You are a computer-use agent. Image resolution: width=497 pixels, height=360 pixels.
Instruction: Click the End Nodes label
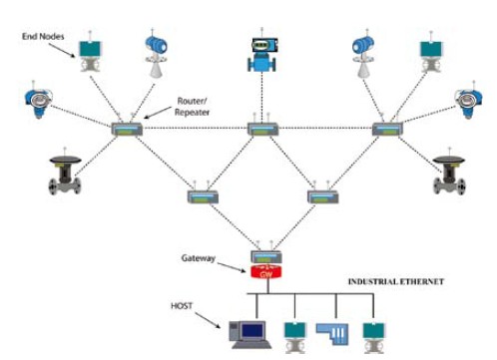(x=43, y=36)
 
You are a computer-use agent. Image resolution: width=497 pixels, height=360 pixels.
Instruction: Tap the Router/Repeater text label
(x=192, y=107)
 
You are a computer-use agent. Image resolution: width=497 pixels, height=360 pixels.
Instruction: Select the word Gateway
(x=199, y=258)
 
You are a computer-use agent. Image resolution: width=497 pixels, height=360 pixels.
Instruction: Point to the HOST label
(x=182, y=305)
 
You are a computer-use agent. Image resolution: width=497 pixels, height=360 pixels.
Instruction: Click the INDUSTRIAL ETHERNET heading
(x=396, y=281)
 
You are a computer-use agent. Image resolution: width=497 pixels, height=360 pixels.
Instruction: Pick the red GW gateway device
(x=265, y=272)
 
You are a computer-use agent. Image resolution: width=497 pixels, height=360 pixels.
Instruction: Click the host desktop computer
(x=250, y=334)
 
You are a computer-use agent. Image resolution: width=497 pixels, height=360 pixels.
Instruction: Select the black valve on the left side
(x=65, y=173)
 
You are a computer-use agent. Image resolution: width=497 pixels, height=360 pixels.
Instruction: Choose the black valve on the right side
(x=449, y=174)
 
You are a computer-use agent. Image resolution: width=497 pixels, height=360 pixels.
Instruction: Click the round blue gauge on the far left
(x=38, y=100)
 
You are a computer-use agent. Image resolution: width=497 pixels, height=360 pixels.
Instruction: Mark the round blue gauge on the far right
(x=469, y=100)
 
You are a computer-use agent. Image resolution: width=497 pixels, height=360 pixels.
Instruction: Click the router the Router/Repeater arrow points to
(x=127, y=129)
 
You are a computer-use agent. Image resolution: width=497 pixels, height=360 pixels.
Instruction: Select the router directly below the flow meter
(x=262, y=129)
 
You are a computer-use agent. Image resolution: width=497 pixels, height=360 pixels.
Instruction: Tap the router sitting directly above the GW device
(x=265, y=256)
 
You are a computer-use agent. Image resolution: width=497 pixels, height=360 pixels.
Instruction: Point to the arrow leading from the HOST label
(x=208, y=320)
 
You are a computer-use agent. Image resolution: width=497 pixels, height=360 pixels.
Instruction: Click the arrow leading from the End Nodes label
(x=62, y=50)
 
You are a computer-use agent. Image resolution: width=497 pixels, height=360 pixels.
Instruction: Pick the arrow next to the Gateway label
(x=232, y=267)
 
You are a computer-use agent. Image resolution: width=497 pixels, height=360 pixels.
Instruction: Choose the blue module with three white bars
(x=332, y=334)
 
